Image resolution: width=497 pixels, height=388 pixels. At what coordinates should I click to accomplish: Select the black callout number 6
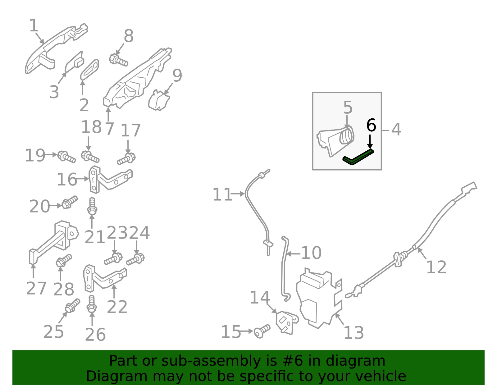click(x=371, y=125)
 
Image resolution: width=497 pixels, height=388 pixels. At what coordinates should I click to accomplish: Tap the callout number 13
click(x=353, y=333)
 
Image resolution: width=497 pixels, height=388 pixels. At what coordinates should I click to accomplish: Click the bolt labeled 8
click(x=118, y=60)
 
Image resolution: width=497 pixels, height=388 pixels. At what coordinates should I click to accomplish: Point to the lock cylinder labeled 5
click(x=335, y=141)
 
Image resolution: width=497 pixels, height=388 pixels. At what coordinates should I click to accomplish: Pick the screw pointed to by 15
click(x=262, y=331)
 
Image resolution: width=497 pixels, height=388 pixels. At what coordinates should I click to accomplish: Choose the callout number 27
click(x=36, y=288)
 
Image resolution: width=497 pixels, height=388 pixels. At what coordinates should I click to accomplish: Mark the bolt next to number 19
click(x=66, y=157)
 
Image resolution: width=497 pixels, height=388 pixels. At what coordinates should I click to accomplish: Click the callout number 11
click(x=222, y=194)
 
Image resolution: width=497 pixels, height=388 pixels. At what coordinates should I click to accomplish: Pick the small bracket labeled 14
click(x=287, y=323)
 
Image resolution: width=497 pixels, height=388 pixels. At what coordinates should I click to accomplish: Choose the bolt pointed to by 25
click(x=73, y=305)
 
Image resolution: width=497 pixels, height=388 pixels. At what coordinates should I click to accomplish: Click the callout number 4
click(x=396, y=130)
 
